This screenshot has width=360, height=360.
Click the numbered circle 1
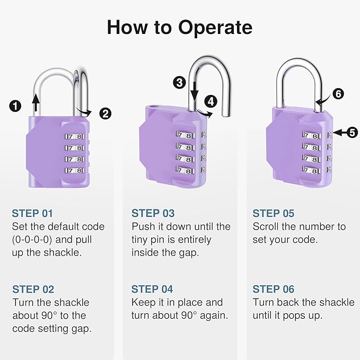point(16,107)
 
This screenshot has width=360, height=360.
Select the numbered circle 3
point(179,82)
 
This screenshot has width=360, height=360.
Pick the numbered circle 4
point(211,100)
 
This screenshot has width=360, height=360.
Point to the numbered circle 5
point(352,133)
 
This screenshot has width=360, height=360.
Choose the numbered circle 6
point(338,94)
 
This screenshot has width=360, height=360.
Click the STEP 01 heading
point(32,214)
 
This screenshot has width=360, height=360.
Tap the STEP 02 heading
point(33,289)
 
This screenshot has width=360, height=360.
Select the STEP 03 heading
point(153,214)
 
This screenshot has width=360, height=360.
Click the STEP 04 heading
point(153,289)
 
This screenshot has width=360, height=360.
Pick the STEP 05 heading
point(273,214)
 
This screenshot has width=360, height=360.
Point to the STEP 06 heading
point(273,289)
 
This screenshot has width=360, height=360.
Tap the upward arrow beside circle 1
point(36,103)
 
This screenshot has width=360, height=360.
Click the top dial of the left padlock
point(75,137)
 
